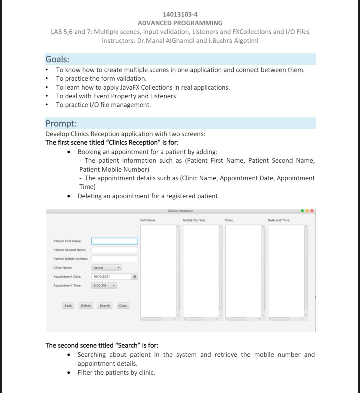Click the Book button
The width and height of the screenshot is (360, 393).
(68, 306)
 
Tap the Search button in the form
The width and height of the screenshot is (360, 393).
(105, 306)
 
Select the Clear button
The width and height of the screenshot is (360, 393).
(123, 306)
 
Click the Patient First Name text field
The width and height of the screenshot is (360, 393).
(115, 241)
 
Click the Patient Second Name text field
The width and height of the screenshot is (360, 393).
(115, 250)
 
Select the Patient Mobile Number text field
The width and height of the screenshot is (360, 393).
(115, 259)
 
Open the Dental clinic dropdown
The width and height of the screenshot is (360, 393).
(107, 268)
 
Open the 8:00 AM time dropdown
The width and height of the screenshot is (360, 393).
(104, 285)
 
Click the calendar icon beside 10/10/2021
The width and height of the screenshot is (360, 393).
(135, 276)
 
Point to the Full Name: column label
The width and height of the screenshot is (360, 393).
(148, 220)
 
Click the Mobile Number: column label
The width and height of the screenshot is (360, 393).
(194, 220)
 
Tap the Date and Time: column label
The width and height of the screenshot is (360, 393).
(279, 220)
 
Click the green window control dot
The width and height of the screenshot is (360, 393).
(302, 211)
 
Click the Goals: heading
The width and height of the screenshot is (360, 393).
(57, 59)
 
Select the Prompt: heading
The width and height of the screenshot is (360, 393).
(61, 123)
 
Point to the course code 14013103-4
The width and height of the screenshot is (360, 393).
(180, 14)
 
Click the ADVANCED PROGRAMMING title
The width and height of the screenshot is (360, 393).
(180, 23)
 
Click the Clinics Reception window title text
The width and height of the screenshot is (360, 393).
(180, 211)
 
